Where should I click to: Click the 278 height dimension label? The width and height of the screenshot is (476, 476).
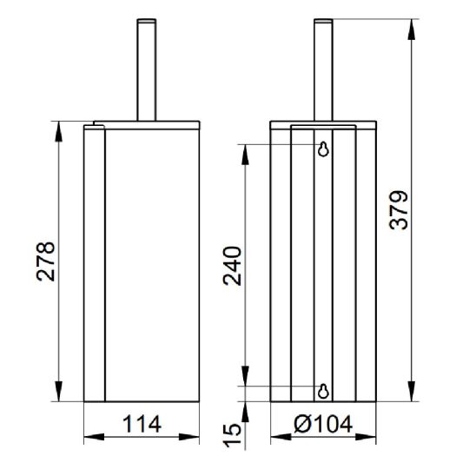[46, 261]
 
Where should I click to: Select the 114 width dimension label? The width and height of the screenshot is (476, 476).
[142, 424]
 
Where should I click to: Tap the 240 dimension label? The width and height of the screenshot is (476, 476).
[232, 267]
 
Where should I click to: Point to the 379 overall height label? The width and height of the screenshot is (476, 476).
[399, 210]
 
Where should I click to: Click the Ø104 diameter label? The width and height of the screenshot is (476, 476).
[323, 424]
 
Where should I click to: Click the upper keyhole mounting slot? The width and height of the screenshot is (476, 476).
[323, 149]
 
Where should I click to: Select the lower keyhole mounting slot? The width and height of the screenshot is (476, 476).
[323, 391]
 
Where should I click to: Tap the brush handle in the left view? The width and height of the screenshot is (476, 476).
[147, 69]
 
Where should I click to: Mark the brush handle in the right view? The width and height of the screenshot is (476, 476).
[323, 69]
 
